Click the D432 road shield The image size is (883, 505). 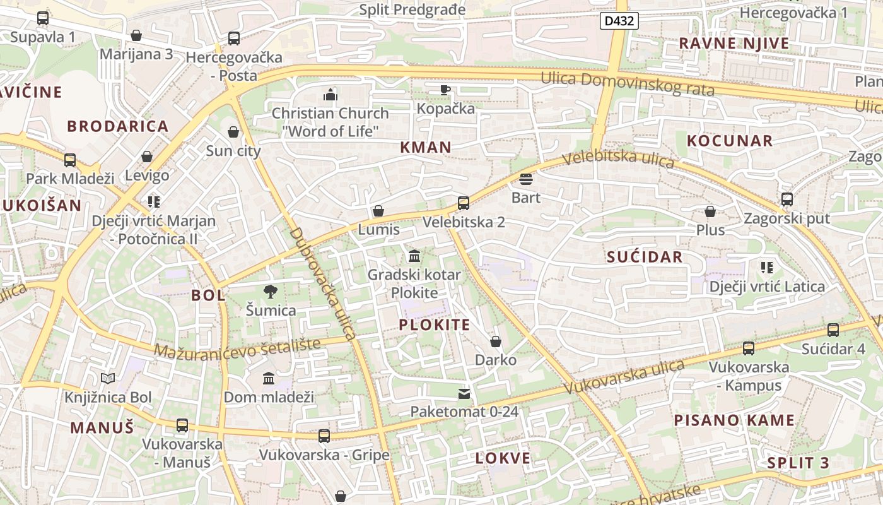[x=619, y=21]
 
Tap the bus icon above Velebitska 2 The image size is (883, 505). [x=464, y=203]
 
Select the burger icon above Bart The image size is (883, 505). [x=526, y=179]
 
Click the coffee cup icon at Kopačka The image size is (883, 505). [x=445, y=90]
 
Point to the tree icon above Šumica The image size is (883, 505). [x=271, y=291]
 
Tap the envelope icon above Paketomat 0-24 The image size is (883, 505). [x=464, y=394]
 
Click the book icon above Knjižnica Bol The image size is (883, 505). [x=108, y=378]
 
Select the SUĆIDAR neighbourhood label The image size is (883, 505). [x=645, y=257]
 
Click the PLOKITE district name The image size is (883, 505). [x=435, y=325]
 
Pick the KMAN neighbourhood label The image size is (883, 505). [x=426, y=147]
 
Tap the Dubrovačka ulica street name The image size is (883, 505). [x=323, y=283]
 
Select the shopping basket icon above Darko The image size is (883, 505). [x=496, y=342]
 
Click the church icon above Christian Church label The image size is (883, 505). [x=330, y=95]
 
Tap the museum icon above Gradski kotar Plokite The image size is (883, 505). [x=414, y=256]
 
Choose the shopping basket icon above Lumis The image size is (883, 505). [x=378, y=211]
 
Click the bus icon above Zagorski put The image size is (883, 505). [x=787, y=199]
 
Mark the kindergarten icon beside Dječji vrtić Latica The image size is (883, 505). [x=766, y=268]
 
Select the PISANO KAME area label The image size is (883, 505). [x=734, y=420]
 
